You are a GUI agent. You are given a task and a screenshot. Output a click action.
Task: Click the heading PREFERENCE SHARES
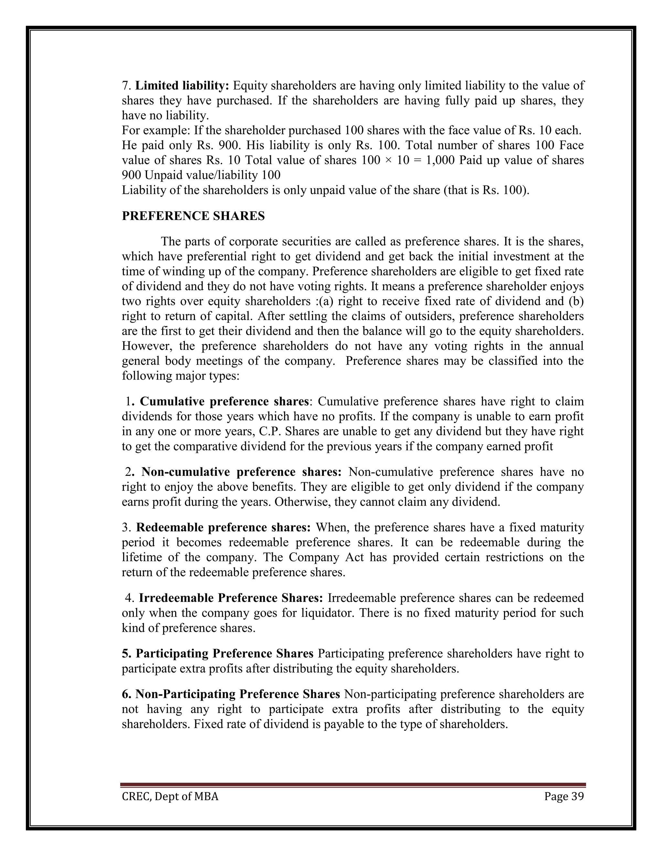tap(193, 216)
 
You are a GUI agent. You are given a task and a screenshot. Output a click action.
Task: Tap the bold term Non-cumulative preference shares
tap(241, 472)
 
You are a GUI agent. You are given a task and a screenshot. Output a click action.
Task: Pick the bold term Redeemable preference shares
tap(223, 527)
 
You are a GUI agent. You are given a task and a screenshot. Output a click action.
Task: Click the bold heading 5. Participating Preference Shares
tap(218, 653)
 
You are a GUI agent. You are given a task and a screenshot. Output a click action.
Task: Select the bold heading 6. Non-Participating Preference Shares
tap(230, 694)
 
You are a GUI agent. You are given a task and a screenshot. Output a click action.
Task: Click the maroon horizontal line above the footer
tap(353, 785)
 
